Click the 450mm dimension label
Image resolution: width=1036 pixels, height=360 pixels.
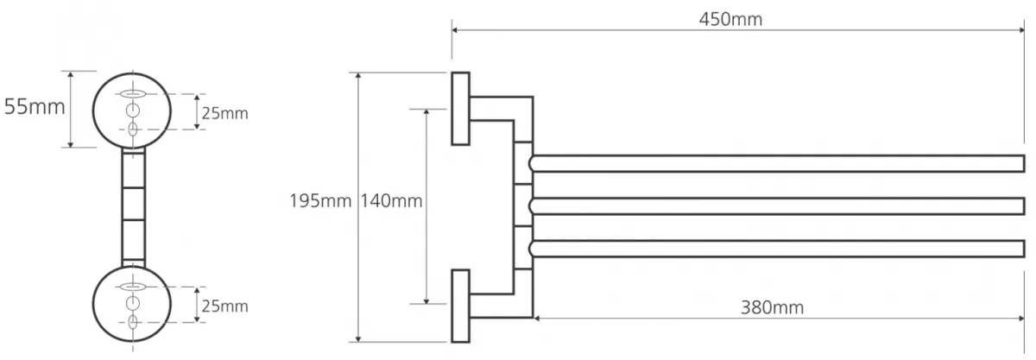click(730, 20)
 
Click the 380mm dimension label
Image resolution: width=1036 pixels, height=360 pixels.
click(772, 307)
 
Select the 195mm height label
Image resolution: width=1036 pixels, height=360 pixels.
click(320, 201)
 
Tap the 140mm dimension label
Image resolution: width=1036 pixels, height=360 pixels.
click(391, 201)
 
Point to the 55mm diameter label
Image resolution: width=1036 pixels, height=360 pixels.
click(35, 107)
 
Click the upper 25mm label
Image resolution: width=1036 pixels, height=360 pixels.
click(224, 113)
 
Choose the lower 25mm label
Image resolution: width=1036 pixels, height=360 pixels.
click(224, 306)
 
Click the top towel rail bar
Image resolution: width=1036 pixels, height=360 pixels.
click(777, 164)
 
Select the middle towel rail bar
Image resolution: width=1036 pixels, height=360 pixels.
click(777, 206)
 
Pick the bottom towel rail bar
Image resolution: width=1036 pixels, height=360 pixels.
click(777, 249)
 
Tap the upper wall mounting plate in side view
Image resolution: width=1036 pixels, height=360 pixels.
click(461, 109)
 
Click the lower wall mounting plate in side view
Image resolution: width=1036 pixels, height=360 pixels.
click(461, 306)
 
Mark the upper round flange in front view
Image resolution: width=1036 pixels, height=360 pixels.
click(93, 111)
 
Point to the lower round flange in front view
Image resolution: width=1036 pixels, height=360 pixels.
click(93, 304)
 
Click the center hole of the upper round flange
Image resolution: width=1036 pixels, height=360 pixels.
click(133, 111)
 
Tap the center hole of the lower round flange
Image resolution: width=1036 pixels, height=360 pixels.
click(133, 304)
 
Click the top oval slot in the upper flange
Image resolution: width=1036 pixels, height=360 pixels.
click(133, 94)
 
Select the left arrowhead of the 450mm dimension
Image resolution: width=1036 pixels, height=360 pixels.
click(455, 30)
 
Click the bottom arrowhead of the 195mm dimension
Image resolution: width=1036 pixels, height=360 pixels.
click(358, 339)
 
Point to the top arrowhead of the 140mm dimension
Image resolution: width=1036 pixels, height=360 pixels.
click(426, 112)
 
